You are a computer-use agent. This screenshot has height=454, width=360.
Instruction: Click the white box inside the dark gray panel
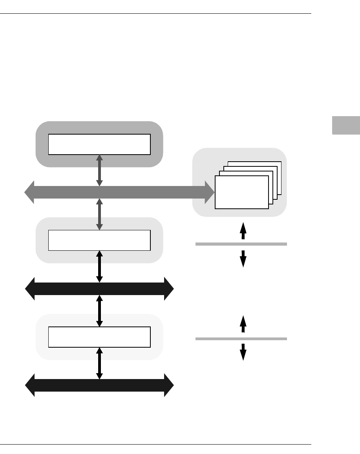click(x=99, y=144)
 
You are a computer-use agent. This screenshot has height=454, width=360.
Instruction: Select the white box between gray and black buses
click(x=99, y=240)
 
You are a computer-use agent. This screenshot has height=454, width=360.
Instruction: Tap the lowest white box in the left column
click(x=99, y=337)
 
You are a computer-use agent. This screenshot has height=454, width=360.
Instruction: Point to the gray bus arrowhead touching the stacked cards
click(x=209, y=192)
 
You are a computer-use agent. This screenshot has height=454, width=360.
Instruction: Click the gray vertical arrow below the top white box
click(x=99, y=170)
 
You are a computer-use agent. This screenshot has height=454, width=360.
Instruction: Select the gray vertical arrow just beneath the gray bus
click(x=99, y=214)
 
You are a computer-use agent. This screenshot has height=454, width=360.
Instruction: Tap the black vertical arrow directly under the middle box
click(x=99, y=266)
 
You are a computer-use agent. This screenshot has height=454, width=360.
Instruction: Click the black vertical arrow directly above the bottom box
click(x=99, y=311)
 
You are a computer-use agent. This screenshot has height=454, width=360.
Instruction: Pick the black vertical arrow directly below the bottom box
click(x=99, y=363)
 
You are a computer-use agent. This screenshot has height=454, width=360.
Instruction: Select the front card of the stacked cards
click(x=242, y=192)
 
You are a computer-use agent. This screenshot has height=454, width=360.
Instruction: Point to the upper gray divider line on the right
click(x=241, y=244)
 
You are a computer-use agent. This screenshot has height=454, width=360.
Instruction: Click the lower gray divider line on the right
click(x=241, y=338)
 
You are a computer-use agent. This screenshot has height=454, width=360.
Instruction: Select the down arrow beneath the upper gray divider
click(x=243, y=259)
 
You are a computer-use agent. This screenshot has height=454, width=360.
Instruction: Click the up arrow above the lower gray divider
click(x=243, y=325)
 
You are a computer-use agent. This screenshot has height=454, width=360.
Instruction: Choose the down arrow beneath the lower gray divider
click(x=243, y=352)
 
